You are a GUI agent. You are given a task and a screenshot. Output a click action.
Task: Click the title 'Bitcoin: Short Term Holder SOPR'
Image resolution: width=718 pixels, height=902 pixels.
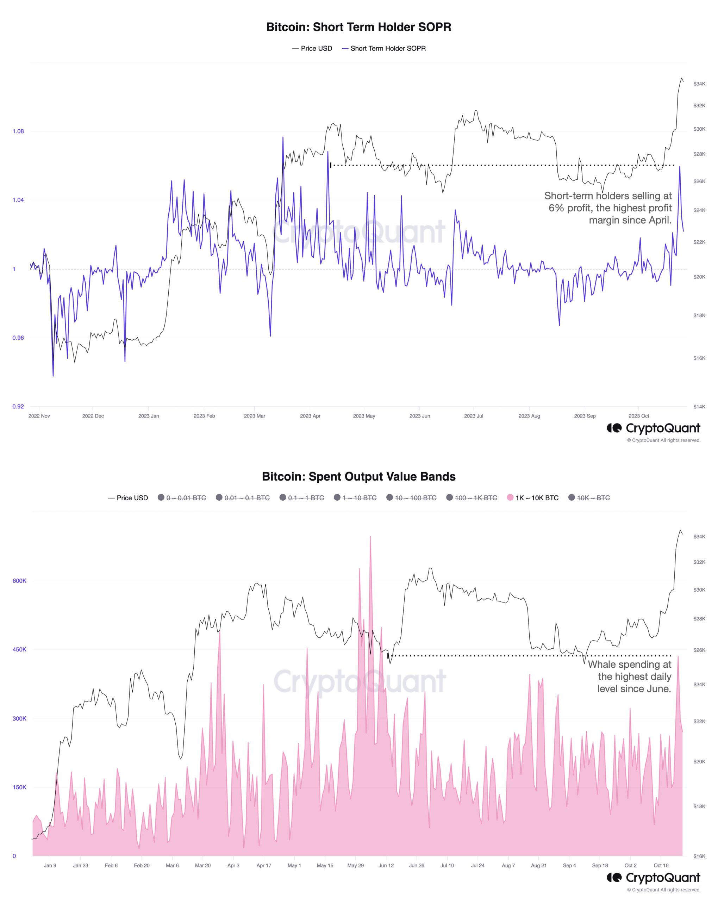(x=358, y=27)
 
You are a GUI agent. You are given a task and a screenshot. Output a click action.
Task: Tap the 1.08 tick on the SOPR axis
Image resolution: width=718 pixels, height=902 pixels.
(x=18, y=131)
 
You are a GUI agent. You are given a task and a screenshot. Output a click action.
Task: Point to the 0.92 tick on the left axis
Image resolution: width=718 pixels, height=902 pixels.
(x=18, y=406)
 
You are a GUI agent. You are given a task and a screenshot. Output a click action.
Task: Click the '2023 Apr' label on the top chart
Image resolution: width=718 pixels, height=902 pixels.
(x=310, y=416)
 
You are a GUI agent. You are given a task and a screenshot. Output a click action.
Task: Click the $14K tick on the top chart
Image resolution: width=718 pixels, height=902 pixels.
(x=699, y=406)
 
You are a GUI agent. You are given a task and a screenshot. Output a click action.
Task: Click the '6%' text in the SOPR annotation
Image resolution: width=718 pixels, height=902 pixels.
(x=556, y=208)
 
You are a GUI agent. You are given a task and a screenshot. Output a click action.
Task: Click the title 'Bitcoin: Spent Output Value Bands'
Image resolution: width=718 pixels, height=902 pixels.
(x=358, y=476)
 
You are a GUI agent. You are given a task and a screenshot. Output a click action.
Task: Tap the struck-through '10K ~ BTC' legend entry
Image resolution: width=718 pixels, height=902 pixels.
(x=593, y=498)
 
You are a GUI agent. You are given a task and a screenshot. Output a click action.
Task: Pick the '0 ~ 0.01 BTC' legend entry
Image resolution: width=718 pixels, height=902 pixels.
(x=186, y=498)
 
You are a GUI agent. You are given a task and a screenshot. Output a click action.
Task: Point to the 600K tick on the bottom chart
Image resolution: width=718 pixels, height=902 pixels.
(x=19, y=581)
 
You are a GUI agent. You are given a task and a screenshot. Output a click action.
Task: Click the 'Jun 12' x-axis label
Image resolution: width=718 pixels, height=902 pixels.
(x=386, y=866)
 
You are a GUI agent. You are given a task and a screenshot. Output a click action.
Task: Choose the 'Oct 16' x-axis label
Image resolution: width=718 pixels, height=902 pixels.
(x=661, y=866)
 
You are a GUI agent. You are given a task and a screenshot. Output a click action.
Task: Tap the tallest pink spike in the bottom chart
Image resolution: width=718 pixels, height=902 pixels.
(x=370, y=538)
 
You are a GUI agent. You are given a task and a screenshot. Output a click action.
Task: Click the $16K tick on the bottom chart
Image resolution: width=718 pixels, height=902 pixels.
(x=699, y=857)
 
